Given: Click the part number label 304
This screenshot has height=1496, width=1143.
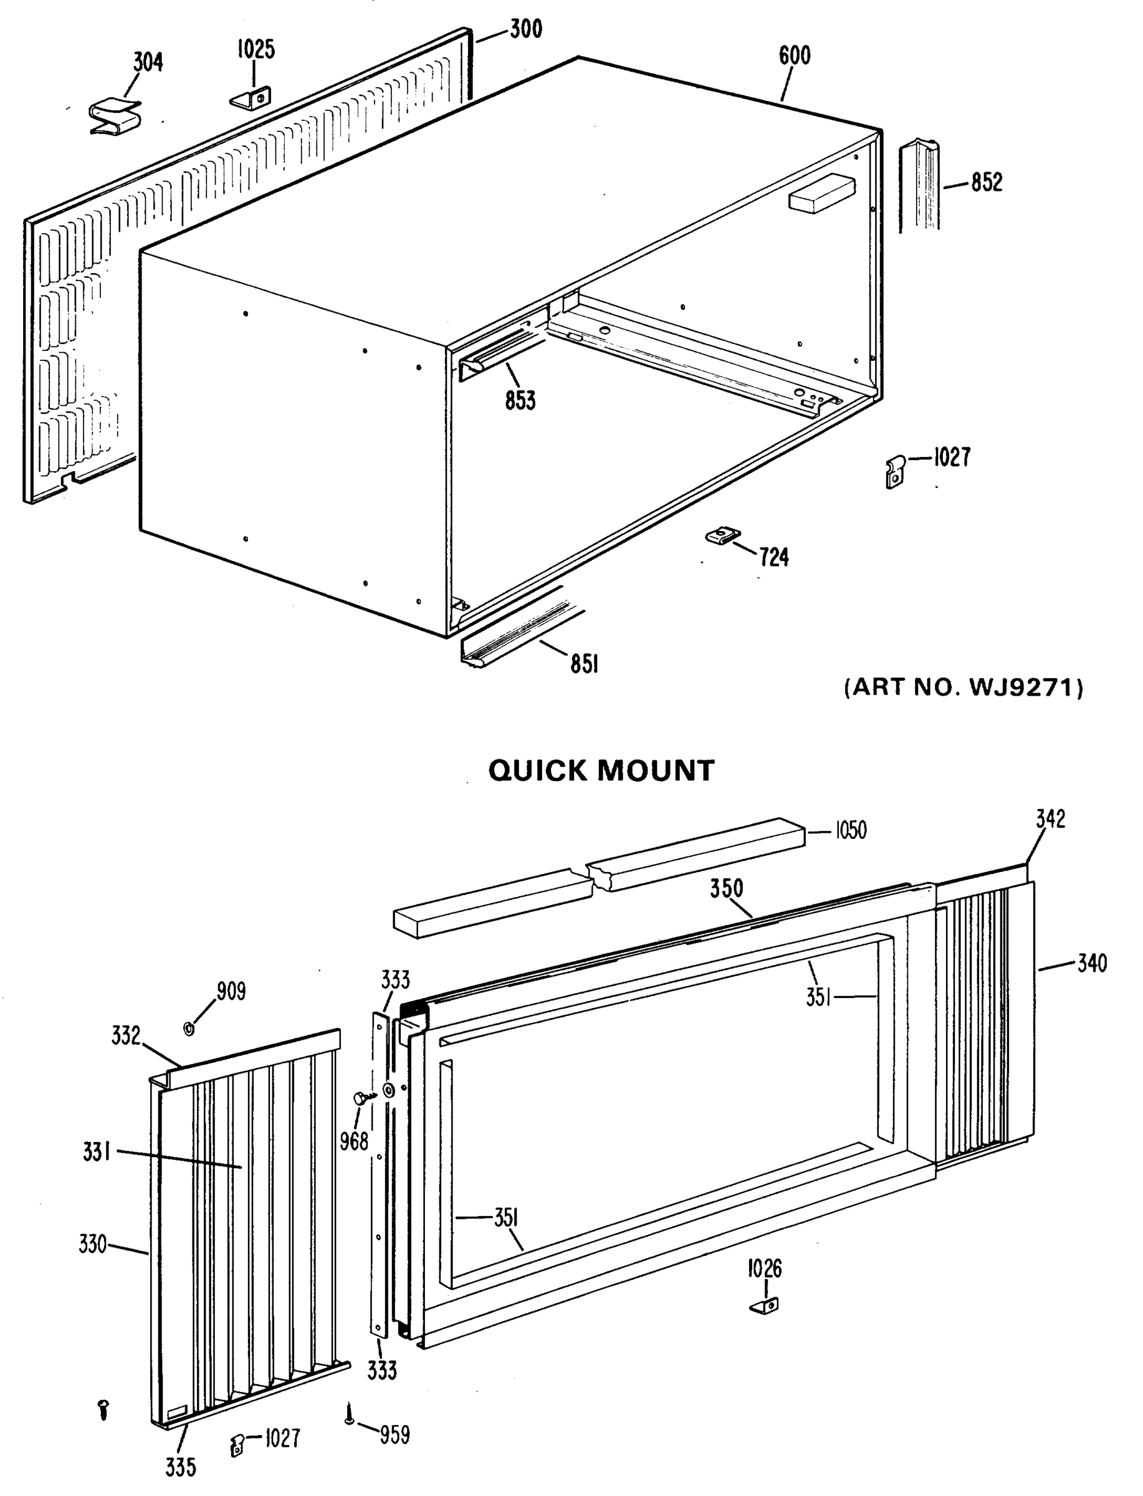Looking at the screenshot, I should click(x=148, y=62).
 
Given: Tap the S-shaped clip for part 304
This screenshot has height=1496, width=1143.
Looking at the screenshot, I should click(x=116, y=117).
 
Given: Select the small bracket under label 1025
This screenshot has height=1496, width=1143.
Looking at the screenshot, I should click(x=252, y=98).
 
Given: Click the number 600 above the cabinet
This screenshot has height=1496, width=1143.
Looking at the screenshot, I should click(x=794, y=55).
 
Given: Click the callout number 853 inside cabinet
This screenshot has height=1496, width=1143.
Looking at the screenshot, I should click(x=520, y=401).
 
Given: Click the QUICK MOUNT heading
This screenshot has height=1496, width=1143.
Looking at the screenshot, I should click(x=601, y=771).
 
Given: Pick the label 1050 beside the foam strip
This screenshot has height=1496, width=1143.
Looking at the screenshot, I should click(x=851, y=831).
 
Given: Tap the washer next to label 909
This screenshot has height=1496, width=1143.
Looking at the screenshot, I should click(x=189, y=1027).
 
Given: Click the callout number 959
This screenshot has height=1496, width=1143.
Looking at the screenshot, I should click(x=395, y=1435).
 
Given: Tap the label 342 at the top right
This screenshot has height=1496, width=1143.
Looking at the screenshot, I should click(x=1051, y=819).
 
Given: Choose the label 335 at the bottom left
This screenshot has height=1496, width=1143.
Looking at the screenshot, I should click(x=180, y=1467).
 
